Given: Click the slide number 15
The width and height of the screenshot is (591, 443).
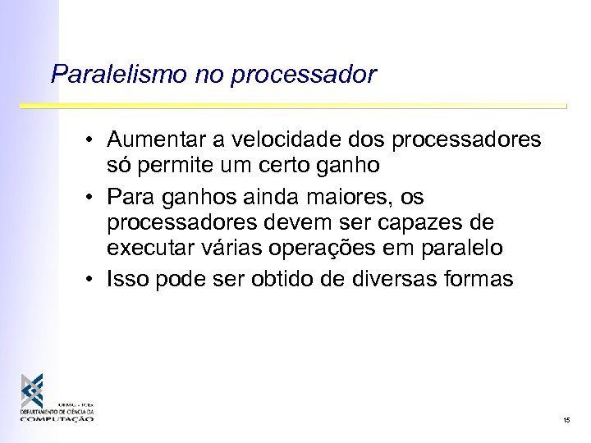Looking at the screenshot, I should click(x=566, y=420).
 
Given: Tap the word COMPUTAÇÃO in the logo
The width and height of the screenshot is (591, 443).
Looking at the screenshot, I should click(x=58, y=418).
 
